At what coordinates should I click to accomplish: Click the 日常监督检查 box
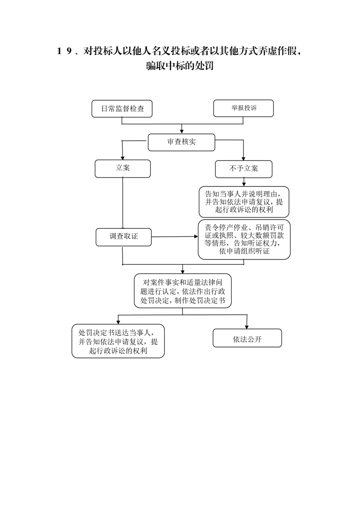coord(122,109)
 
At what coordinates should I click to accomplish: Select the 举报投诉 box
coord(243,108)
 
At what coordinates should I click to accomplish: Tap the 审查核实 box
coord(181,142)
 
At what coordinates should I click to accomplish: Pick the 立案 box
coord(123,168)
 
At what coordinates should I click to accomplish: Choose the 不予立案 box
coord(243,169)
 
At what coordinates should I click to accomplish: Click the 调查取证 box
coord(123,237)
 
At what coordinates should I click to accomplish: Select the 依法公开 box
coord(247,338)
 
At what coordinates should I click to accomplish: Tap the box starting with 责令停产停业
coord(244,240)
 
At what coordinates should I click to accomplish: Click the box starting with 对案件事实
coord(182,291)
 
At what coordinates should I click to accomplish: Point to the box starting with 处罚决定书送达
coord(118,341)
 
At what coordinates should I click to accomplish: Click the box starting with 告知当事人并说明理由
coord(244,202)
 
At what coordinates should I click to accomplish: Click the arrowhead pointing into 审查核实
coord(182,132)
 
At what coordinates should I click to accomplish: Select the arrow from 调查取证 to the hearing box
coord(175,237)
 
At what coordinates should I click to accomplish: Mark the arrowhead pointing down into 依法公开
coord(247,327)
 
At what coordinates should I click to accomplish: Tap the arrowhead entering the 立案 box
coord(123,157)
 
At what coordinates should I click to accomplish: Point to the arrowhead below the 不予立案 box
coord(244,184)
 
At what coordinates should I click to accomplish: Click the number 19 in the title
coord(64,51)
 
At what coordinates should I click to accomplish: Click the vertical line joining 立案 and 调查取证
coord(123,203)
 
